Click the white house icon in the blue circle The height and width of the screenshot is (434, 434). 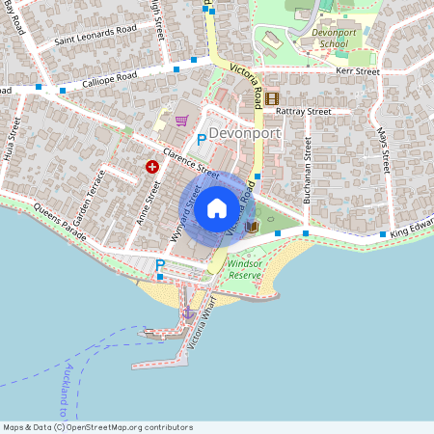point(217,207)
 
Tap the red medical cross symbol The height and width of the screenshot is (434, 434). point(151,167)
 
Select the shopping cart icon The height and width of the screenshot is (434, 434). point(181,121)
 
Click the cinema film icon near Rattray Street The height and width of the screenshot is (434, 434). point(273,97)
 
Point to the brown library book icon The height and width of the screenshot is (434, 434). point(252,226)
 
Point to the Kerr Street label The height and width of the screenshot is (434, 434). point(358,71)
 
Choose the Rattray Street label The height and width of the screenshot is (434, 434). point(304,111)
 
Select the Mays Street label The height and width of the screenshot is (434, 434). point(383,149)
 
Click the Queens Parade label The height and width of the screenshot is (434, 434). point(61,206)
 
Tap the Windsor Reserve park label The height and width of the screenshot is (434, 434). point(245,269)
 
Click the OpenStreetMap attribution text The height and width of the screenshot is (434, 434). point(97,427)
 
